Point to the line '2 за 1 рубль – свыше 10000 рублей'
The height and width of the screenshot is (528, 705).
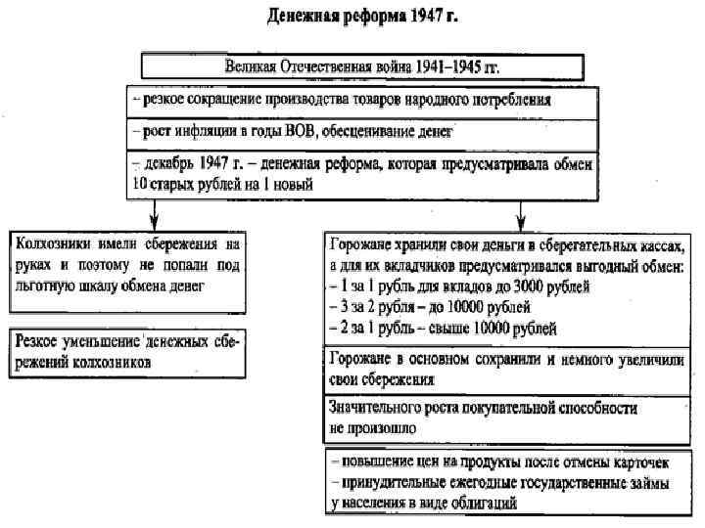tap(446, 326)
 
